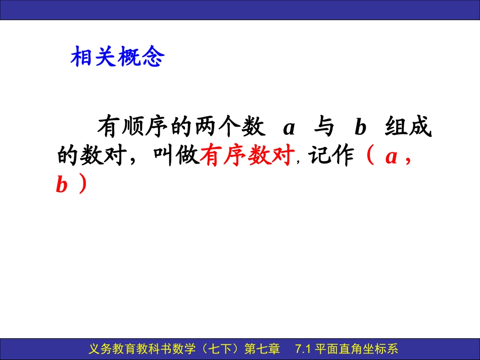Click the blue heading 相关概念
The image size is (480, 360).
[x=117, y=58]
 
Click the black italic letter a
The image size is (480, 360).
[x=289, y=128]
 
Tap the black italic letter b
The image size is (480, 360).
[x=360, y=128]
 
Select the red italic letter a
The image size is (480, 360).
[x=390, y=158]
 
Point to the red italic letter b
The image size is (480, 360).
[x=62, y=186]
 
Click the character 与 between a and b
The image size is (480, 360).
[x=323, y=128]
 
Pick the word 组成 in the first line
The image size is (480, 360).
[x=408, y=128]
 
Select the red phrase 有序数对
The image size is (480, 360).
[x=248, y=157]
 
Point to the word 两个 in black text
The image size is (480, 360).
[x=219, y=128]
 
